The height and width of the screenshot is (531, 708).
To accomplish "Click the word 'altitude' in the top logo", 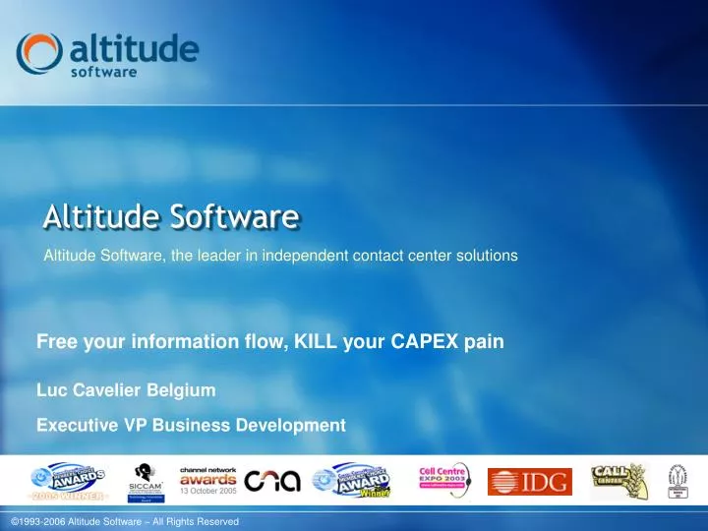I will [135, 47].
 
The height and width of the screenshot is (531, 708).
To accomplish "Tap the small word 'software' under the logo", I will [103, 71].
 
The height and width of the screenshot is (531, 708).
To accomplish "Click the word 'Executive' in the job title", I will [75, 426].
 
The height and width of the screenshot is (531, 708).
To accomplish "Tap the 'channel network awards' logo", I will [207, 475].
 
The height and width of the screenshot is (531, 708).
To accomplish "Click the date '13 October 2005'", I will [207, 491].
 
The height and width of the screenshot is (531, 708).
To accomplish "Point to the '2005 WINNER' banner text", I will [68, 497].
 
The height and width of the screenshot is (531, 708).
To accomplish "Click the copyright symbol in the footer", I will [13, 521].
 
